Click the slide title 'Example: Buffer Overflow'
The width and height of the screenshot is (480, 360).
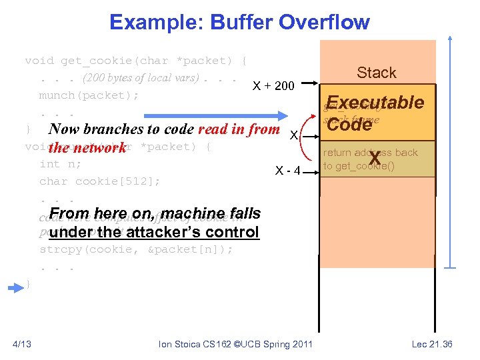[x=239, y=22]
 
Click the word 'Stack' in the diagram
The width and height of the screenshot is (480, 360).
[x=376, y=73]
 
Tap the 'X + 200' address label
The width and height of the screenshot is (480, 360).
[x=273, y=85]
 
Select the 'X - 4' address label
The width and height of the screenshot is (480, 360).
[x=289, y=171]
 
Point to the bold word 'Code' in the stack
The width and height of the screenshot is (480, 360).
[x=349, y=125]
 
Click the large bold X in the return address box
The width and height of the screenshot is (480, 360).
[x=375, y=158]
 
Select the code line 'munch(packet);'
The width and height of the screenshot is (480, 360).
[x=89, y=95]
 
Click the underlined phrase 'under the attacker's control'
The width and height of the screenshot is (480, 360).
[x=153, y=233]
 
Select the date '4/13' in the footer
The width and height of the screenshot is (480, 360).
[x=22, y=344]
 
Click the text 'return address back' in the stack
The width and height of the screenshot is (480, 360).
[x=370, y=153]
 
